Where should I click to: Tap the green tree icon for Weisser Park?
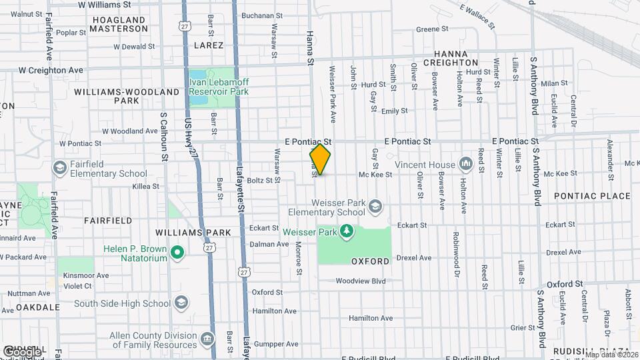point(346,231)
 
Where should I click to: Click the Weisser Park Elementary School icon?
point(375,205)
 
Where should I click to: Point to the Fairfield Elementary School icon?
point(60,167)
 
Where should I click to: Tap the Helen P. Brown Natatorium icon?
point(177,253)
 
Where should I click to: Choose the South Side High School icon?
point(180,303)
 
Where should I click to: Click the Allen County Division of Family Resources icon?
point(209,340)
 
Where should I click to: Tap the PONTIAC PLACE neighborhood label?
point(592,196)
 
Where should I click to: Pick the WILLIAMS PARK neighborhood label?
point(193,233)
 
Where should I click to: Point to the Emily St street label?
point(393,111)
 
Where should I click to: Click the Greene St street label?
point(432,29)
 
